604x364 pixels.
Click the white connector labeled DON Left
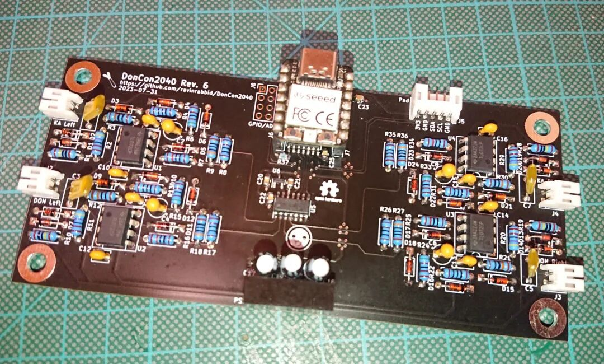coord(40,179)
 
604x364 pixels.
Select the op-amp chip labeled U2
coord(116,224)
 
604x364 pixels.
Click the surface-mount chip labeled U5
coord(291,206)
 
